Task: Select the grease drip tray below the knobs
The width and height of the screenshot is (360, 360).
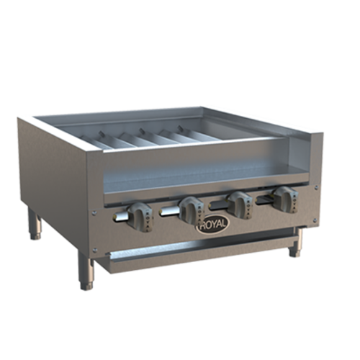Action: coord(194,248)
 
